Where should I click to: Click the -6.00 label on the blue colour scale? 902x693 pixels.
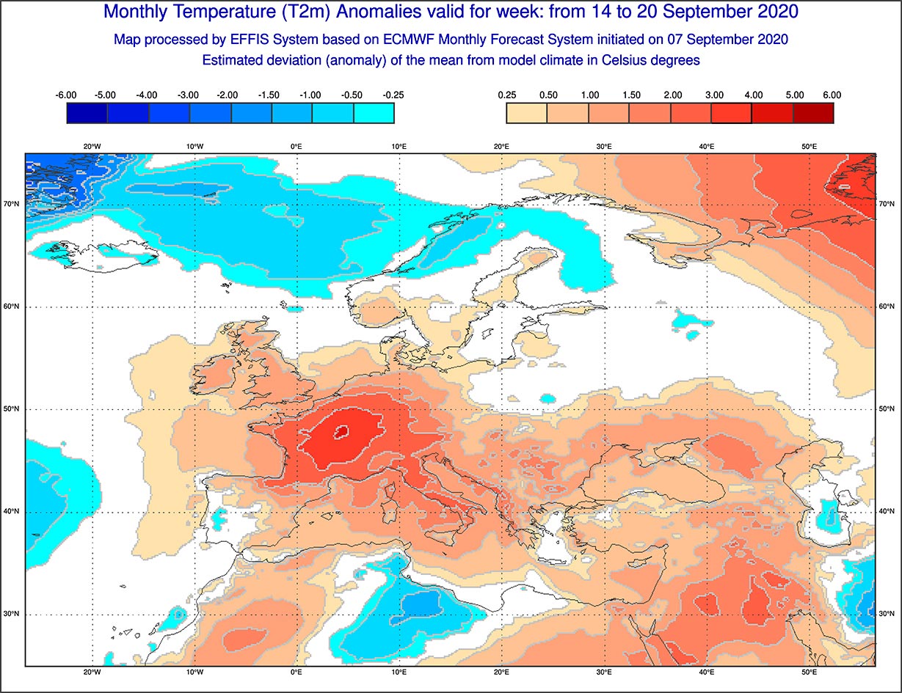67,95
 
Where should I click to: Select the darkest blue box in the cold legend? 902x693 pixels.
87,113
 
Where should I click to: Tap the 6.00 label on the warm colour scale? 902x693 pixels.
832,95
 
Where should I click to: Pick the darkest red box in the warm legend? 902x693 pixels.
813,113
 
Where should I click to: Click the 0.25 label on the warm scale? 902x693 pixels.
506,95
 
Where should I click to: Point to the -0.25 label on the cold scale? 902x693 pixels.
393,95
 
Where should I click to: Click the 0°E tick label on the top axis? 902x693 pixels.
297,147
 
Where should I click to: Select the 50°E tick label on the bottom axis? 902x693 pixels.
810,672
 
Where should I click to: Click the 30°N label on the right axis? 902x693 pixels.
886,614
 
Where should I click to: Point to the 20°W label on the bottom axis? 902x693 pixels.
92,672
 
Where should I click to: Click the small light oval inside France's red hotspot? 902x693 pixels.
341,433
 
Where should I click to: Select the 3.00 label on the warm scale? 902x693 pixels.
713,95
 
